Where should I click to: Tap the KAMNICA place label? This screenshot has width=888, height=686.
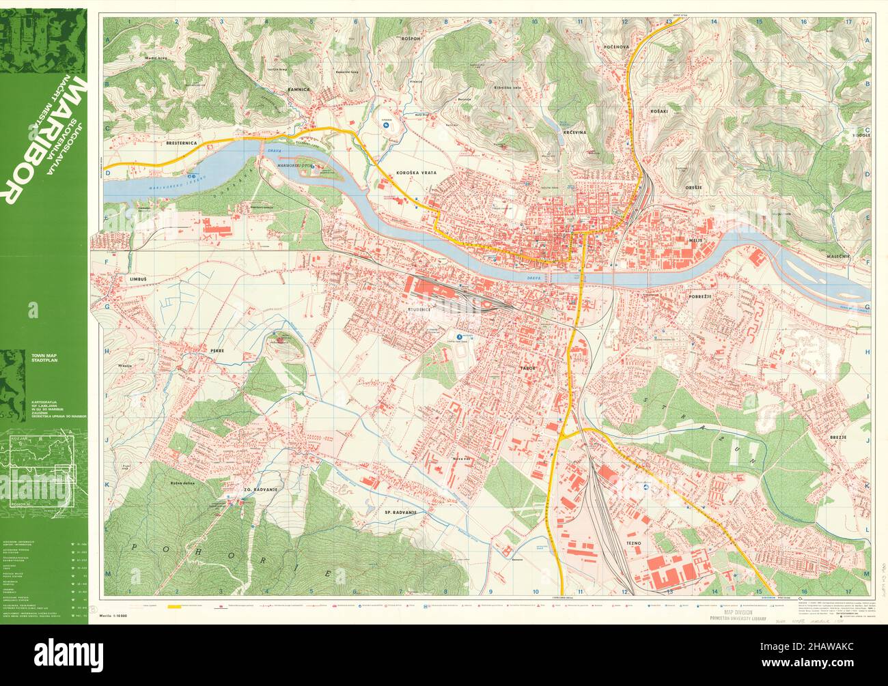click(x=299, y=89)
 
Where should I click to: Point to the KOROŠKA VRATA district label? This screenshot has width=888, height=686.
click(x=415, y=174)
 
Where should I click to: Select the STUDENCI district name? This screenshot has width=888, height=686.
click(x=418, y=309)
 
